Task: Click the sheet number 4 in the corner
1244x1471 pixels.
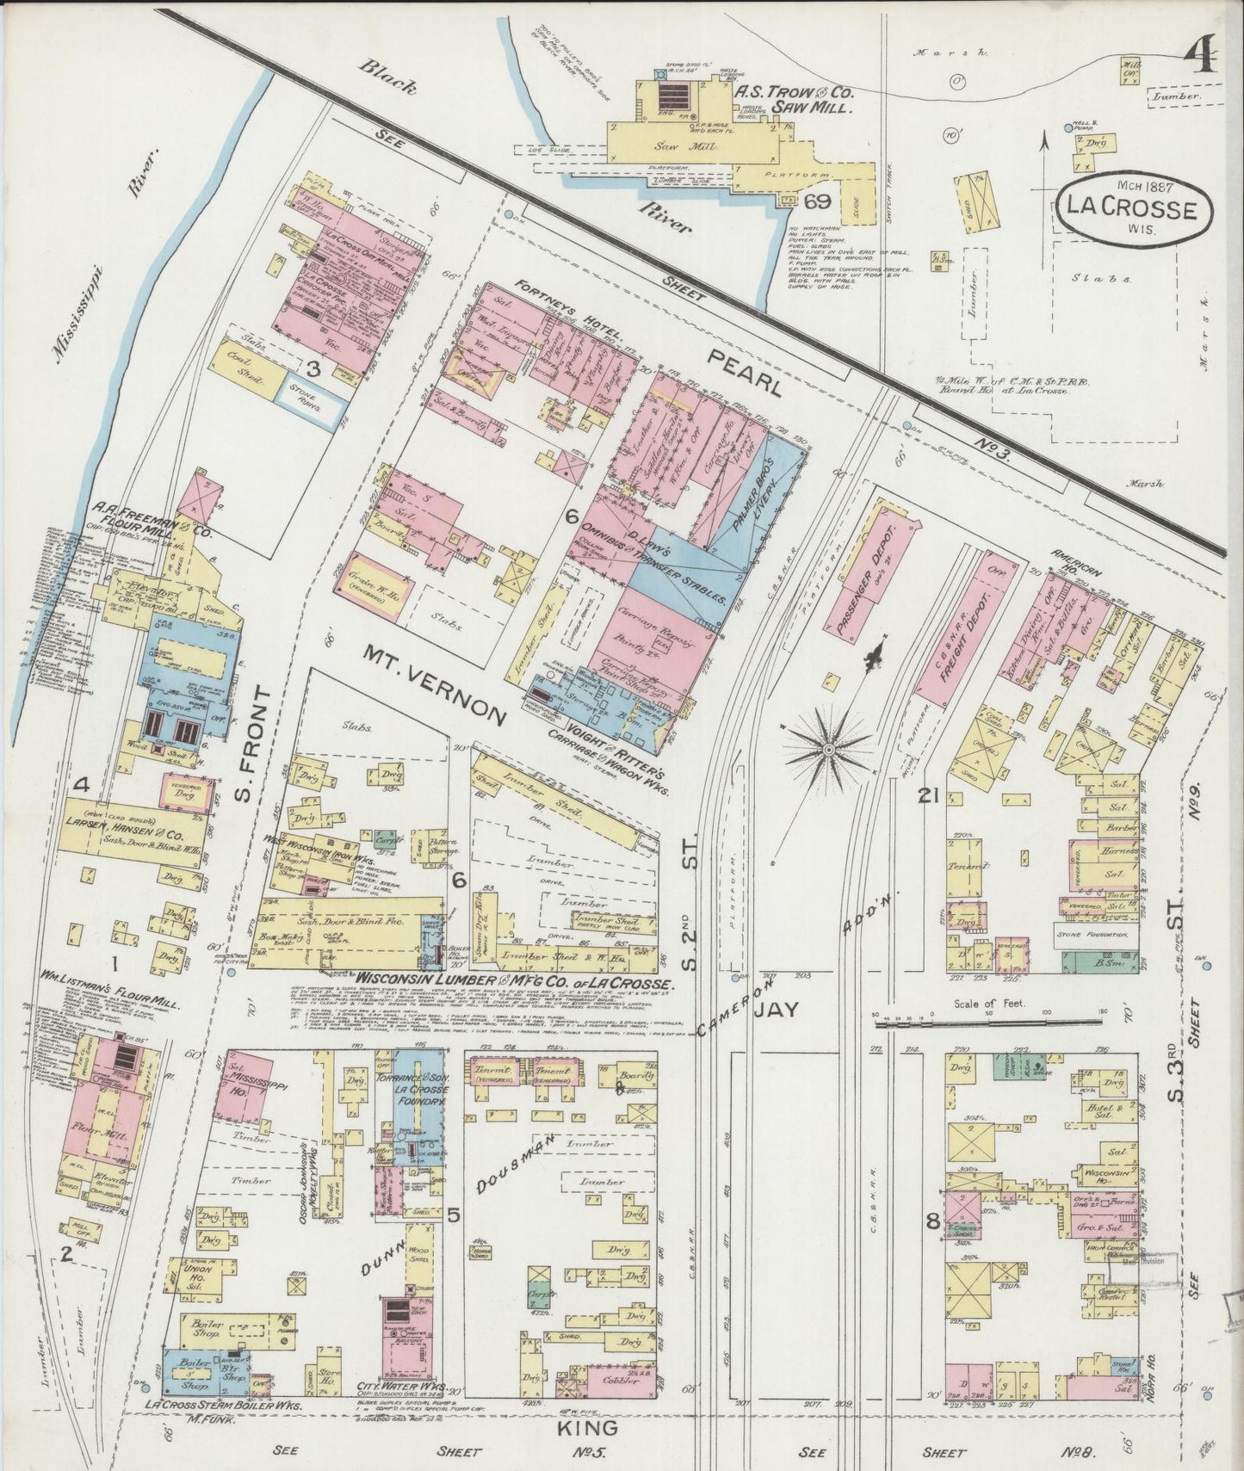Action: tap(1200, 59)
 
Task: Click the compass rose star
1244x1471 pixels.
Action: tap(827, 750)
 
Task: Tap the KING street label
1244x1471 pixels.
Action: tap(591, 1426)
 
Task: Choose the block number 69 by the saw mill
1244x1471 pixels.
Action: tap(817, 202)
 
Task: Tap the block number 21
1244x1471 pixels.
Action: tap(927, 796)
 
